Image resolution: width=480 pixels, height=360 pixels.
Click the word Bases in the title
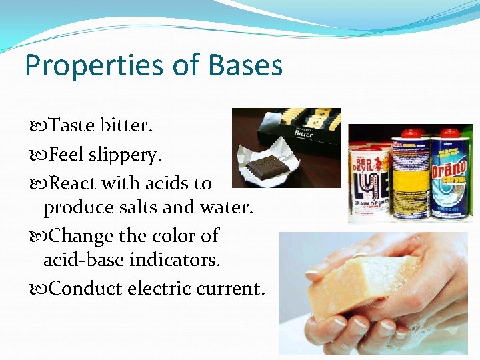[246, 66]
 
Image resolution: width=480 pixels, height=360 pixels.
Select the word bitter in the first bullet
[127, 125]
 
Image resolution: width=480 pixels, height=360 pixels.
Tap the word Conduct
[85, 288]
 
